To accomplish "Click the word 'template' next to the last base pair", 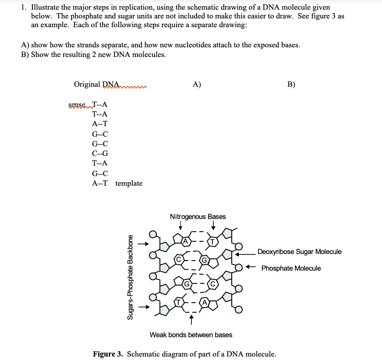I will click(x=129, y=183).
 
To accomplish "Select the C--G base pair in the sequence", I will click(x=100, y=153).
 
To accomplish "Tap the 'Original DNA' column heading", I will click(x=96, y=85).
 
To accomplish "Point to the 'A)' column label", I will click(x=197, y=85).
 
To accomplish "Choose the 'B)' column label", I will click(x=291, y=85).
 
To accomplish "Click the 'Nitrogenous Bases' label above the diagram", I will click(x=198, y=216).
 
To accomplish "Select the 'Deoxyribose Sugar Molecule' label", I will click(x=299, y=251).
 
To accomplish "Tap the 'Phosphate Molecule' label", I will click(x=291, y=268).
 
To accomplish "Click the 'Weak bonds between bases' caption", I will click(x=191, y=335).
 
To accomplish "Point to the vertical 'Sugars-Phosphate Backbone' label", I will click(x=130, y=277).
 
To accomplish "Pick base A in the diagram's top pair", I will click(x=185, y=241).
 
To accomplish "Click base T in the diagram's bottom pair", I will click(x=179, y=301).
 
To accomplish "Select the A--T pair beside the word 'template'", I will click(x=100, y=183).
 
